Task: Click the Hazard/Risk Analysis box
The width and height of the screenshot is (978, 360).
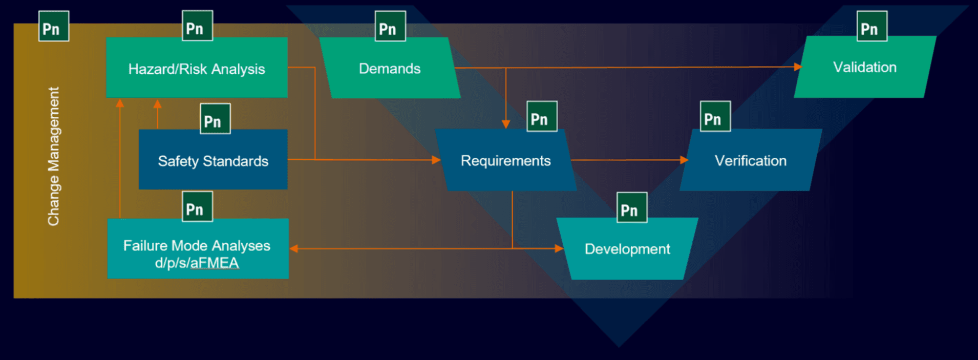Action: point(197,68)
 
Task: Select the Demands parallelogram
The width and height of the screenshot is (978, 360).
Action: point(390,68)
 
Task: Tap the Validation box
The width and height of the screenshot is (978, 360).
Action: point(865,67)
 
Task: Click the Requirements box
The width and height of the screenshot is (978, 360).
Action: point(506,160)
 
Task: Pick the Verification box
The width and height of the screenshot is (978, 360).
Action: point(751,160)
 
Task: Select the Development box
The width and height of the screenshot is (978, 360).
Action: point(627,249)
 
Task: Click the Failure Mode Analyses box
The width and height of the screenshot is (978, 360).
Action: point(198,249)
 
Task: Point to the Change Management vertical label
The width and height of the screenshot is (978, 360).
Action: point(53,156)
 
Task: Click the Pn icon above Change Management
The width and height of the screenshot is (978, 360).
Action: point(54,26)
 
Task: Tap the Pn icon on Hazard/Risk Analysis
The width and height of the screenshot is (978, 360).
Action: point(197,26)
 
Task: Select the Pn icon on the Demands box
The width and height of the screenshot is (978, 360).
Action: point(390,26)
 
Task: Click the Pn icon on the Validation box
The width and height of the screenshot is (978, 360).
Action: point(872,26)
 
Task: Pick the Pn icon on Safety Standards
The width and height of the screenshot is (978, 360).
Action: point(215,119)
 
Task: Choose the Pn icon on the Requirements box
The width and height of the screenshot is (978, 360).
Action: point(542,116)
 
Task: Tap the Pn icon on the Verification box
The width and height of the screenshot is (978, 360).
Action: point(715,116)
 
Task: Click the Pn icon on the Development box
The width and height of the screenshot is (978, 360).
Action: point(632,207)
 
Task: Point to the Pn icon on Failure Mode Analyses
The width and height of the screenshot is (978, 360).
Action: point(197,206)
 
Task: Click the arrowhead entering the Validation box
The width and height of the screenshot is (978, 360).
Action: point(798,67)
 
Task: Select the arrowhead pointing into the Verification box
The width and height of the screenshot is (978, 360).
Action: point(684,160)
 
